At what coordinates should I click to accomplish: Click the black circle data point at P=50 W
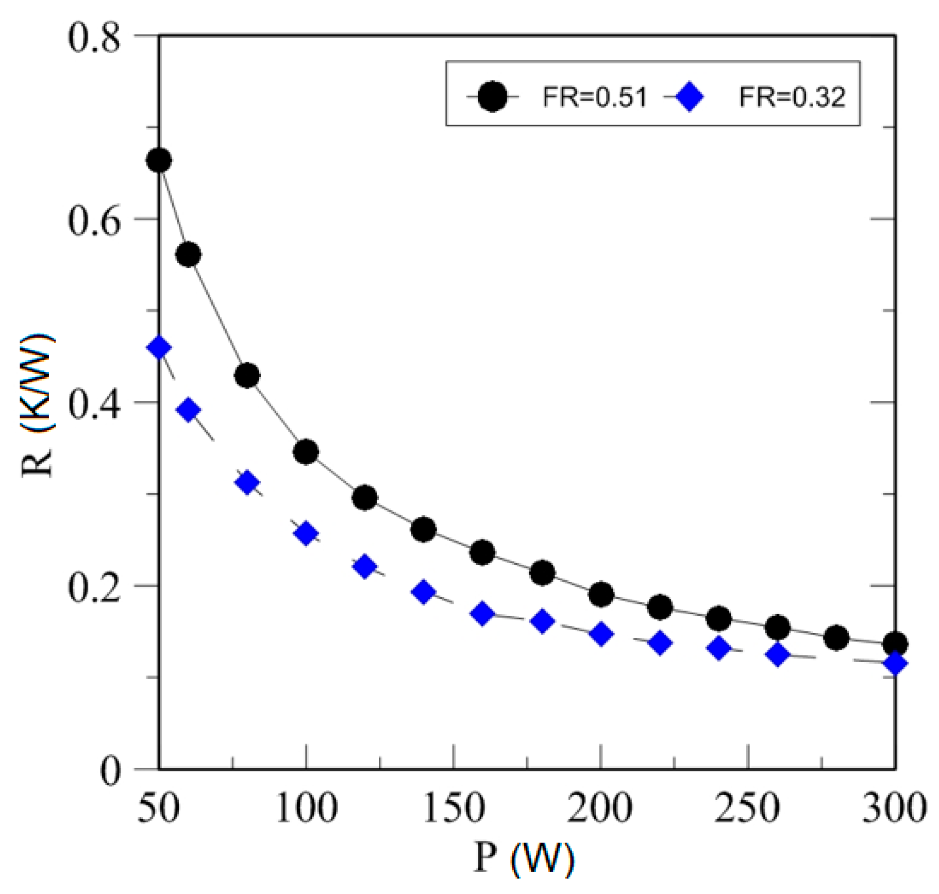point(159,161)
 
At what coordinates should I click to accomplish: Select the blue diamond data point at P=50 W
point(159,348)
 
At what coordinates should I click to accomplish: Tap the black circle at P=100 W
point(306,452)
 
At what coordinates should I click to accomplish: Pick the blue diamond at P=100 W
point(306,533)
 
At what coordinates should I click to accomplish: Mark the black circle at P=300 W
point(895,644)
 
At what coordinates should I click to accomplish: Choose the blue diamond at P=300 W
point(895,663)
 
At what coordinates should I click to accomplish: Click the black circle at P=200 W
point(601,594)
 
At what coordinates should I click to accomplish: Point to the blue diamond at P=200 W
point(601,634)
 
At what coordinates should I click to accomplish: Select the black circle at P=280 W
point(836,638)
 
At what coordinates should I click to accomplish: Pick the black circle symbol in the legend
point(492,96)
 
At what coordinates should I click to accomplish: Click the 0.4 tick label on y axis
point(94,404)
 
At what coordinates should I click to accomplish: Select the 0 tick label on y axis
point(111,771)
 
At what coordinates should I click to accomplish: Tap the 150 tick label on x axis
point(454,808)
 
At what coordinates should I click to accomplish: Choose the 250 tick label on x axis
point(747,808)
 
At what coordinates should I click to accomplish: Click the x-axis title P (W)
point(524,858)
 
